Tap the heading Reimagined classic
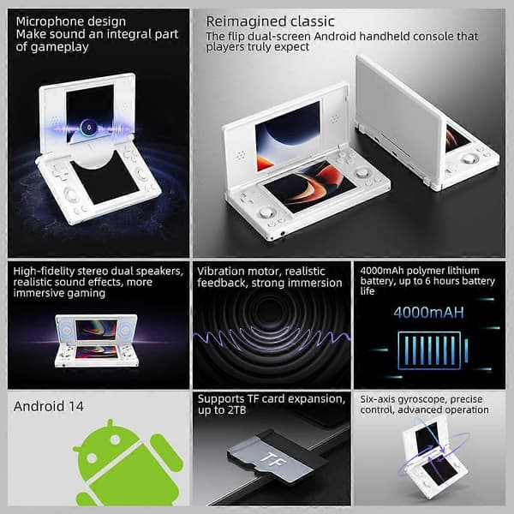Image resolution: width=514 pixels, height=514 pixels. (x=270, y=21)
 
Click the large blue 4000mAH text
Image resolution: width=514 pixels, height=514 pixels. (x=429, y=313)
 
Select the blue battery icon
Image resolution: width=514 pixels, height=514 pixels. (x=433, y=350)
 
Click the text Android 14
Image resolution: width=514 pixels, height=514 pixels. (x=49, y=406)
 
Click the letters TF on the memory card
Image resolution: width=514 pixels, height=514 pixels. (x=272, y=460)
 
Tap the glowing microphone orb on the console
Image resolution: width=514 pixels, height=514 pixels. (x=87, y=126)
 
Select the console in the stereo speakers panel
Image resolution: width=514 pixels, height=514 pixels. (x=96, y=341)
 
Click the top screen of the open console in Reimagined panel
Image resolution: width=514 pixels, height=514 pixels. (x=288, y=135)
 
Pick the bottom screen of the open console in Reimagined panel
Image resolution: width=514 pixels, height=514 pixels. (x=310, y=185)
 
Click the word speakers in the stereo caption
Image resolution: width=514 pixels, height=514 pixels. (x=158, y=272)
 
